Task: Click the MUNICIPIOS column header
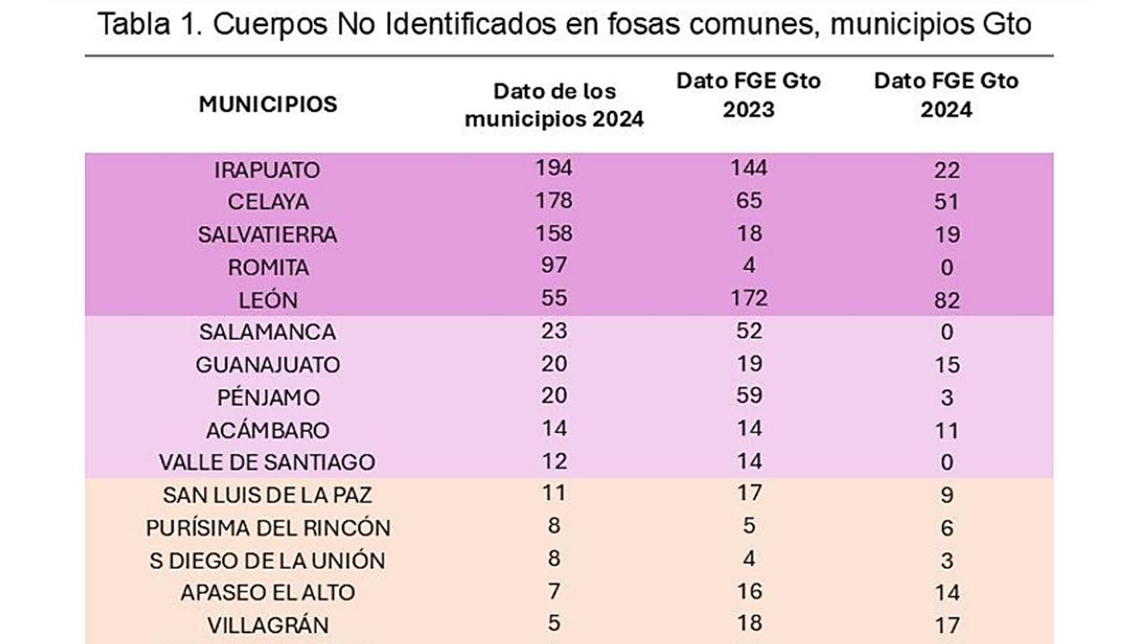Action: (x=268, y=104)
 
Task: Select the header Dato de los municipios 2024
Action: (x=555, y=106)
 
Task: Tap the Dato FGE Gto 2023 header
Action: (x=749, y=94)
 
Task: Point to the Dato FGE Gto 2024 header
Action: (x=946, y=94)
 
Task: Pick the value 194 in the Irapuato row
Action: (x=555, y=168)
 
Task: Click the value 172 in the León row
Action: (x=749, y=298)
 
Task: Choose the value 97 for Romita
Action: (x=555, y=266)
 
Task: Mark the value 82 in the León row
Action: (x=946, y=300)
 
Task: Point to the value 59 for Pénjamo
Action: (x=749, y=395)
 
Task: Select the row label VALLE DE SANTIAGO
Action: (x=267, y=462)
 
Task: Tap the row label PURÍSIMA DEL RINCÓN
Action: (x=267, y=528)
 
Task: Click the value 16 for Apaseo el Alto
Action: (x=749, y=590)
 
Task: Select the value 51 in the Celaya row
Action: (x=946, y=202)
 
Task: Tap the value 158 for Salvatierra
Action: (x=555, y=233)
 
